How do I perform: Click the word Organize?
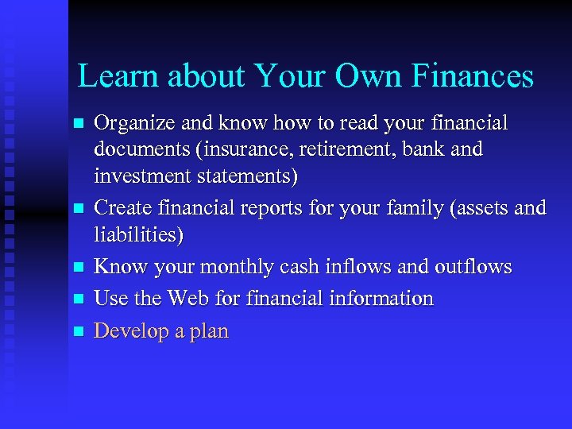tap(130, 125)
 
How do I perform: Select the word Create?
tap(121, 208)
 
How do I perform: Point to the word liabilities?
tap(138, 234)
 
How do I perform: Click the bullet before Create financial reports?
tap(77, 209)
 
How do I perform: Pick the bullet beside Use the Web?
tap(77, 300)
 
